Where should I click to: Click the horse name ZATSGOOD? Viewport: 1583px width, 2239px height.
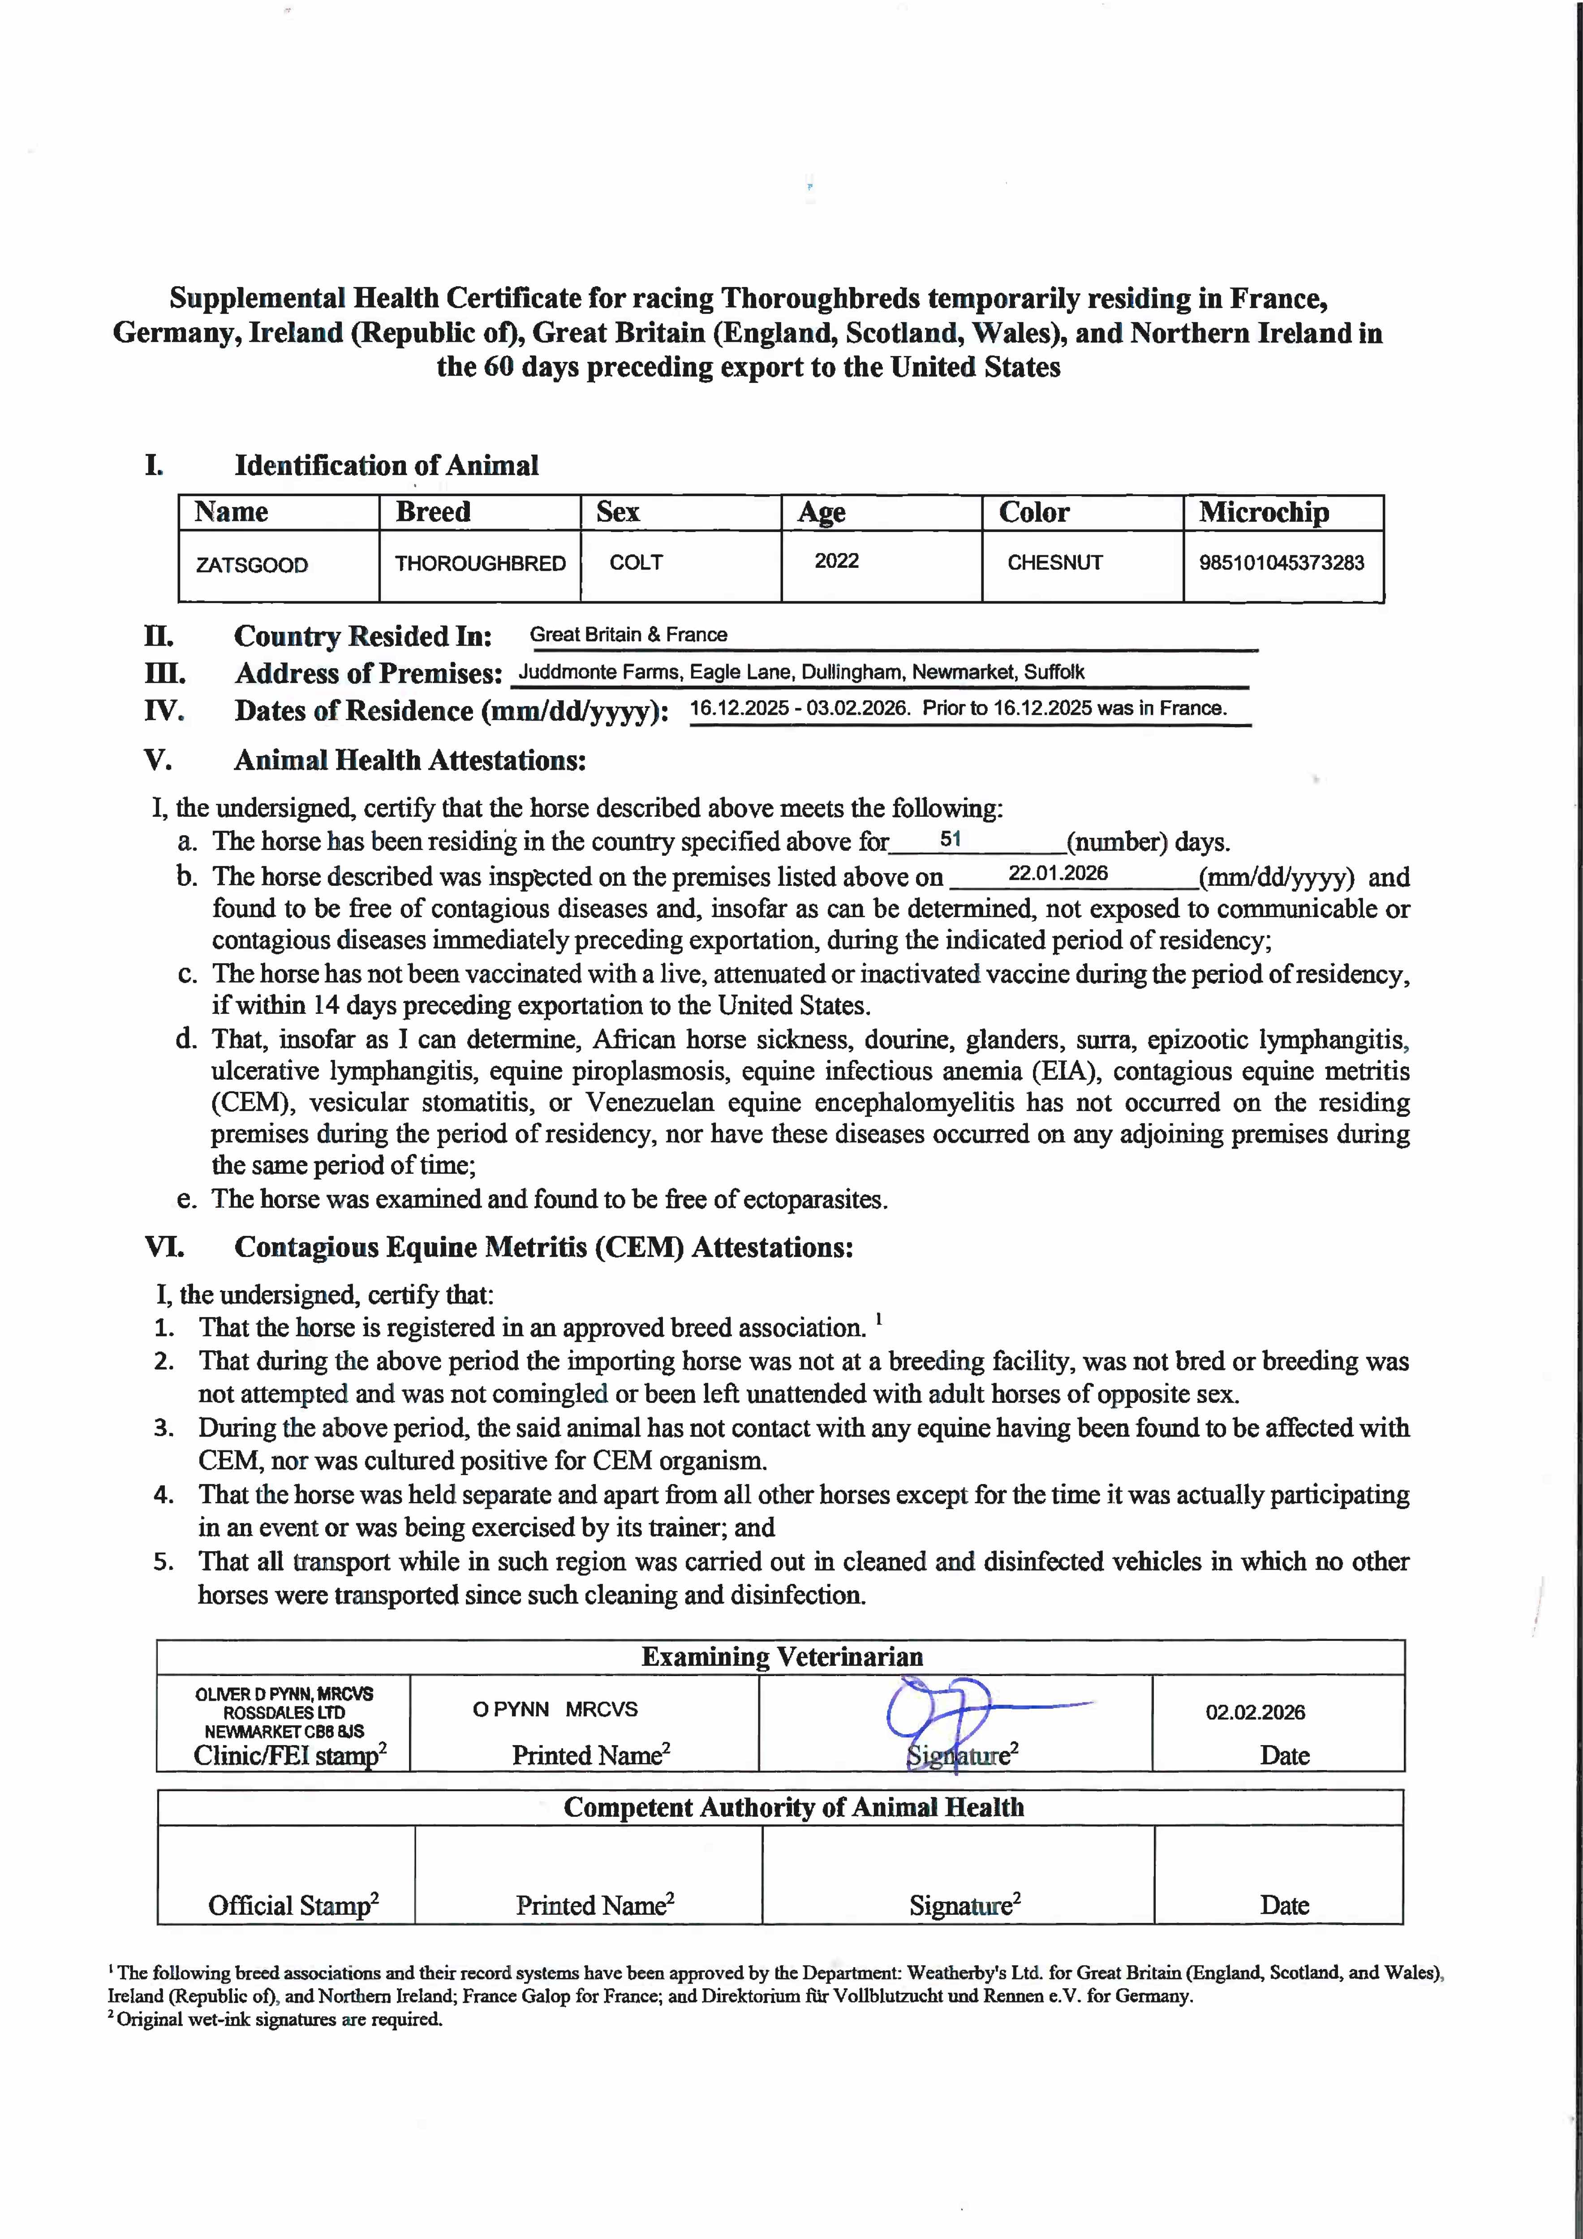coord(252,565)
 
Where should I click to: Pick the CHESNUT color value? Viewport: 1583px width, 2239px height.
coord(1054,563)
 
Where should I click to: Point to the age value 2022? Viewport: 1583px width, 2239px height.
coord(837,561)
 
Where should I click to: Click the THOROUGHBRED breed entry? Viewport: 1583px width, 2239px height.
coord(480,564)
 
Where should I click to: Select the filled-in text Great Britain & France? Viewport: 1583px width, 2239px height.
coord(628,635)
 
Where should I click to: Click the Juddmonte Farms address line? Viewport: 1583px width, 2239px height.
coord(801,672)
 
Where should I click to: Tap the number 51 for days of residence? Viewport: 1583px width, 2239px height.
coord(950,839)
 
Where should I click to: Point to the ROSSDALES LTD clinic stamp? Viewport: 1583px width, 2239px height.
coord(284,1712)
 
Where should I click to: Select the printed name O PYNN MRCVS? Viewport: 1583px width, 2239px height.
coord(555,1710)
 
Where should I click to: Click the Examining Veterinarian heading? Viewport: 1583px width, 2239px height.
coord(781,1657)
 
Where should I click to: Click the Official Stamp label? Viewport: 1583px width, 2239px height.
coord(293,1904)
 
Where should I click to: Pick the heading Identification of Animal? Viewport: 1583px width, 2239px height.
coord(386,465)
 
